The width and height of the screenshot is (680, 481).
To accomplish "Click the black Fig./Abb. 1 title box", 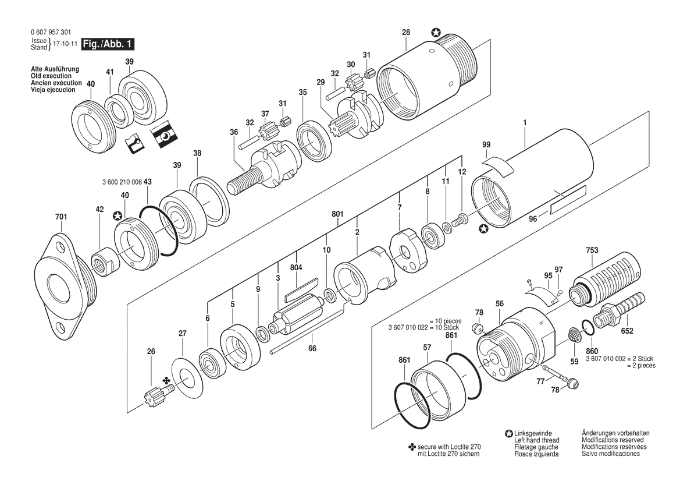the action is (108, 44).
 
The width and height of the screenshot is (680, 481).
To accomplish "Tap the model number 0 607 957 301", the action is (51, 33).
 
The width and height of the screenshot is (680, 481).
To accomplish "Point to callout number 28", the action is (406, 32).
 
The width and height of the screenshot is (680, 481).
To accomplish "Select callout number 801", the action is (337, 214).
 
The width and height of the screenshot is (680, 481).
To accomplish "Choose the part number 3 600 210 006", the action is (122, 182).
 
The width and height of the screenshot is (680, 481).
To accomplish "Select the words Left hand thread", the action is (536, 440).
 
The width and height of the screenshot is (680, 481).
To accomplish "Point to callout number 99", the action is (486, 144).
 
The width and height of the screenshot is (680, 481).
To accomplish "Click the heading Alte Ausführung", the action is (55, 69).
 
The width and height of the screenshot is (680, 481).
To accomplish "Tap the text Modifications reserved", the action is (613, 440).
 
